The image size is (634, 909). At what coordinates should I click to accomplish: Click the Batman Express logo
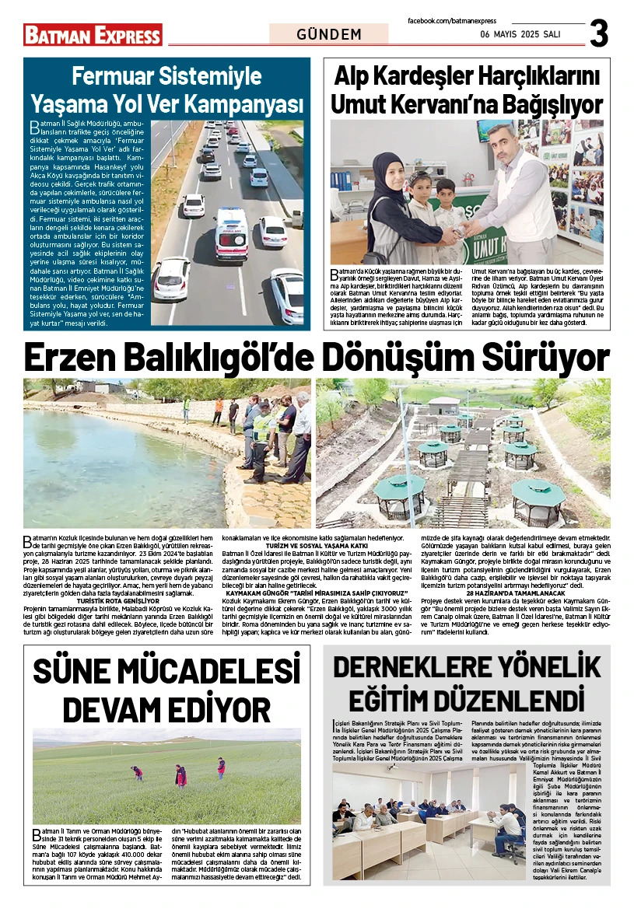(93, 35)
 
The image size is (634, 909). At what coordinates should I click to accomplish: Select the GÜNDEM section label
(329, 35)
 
